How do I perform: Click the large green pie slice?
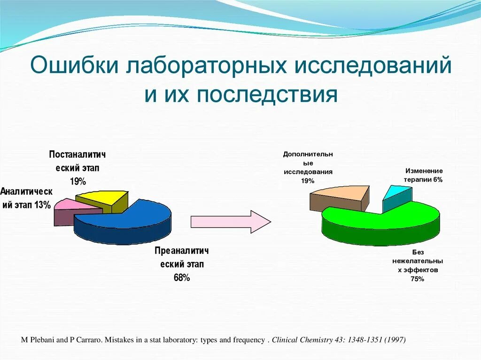click(x=380, y=224)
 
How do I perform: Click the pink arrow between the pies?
click(x=231, y=222)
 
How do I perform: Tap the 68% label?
click(x=182, y=278)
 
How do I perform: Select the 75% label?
click(x=417, y=279)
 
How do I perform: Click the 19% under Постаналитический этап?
click(x=78, y=182)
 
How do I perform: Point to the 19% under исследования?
click(x=308, y=181)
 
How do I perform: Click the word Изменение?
click(x=424, y=171)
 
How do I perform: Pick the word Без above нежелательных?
click(x=418, y=252)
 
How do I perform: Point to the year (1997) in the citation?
click(x=395, y=340)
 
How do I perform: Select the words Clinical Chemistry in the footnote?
click(x=302, y=340)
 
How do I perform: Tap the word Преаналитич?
click(x=182, y=251)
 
